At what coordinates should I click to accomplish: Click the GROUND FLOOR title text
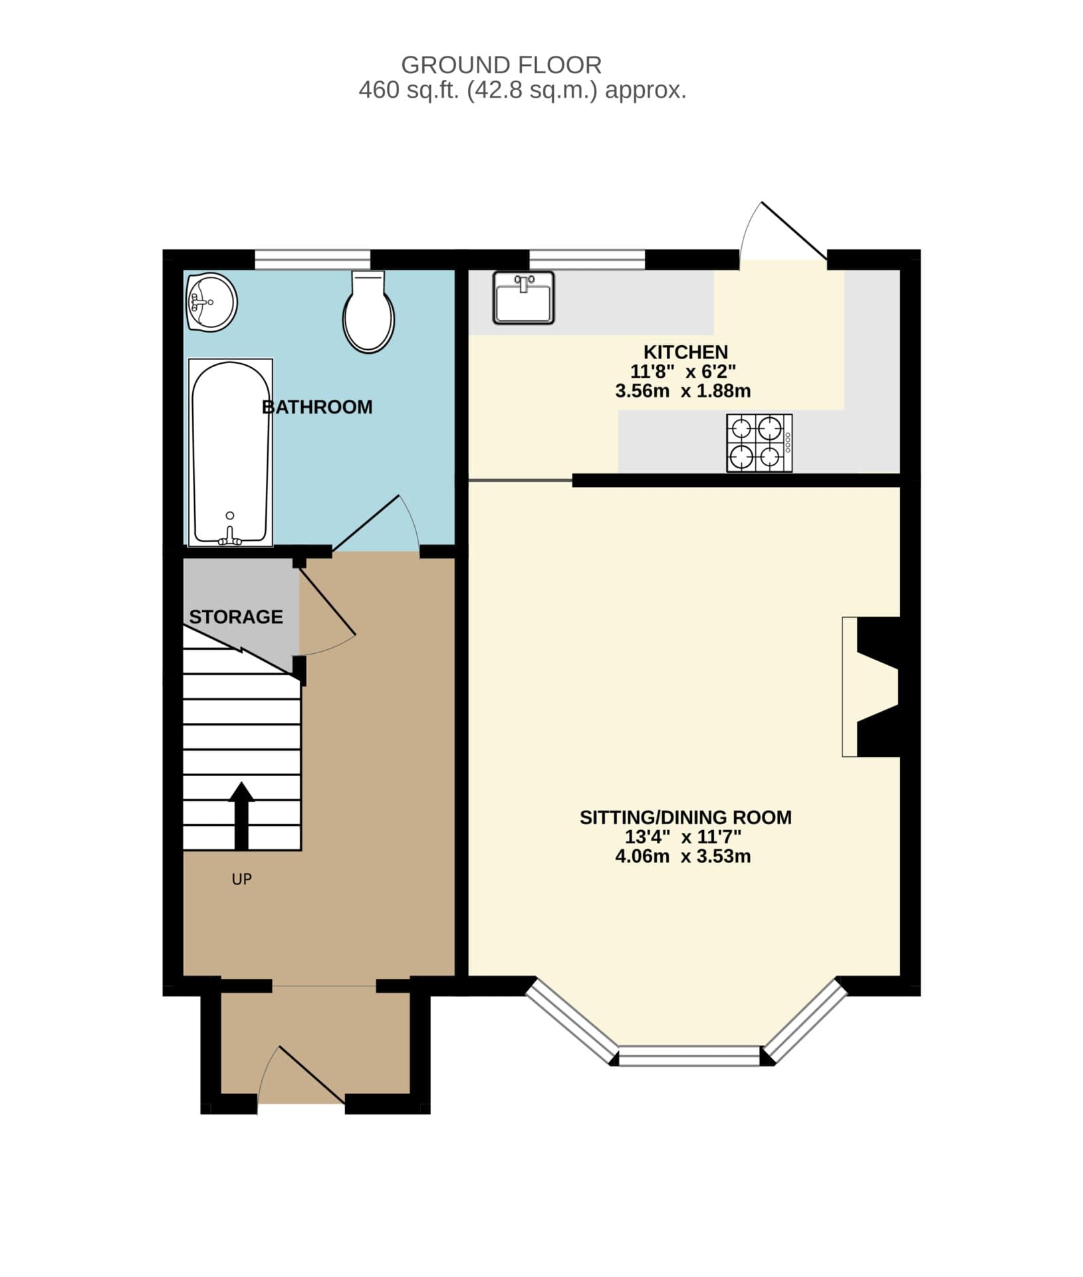[x=501, y=65]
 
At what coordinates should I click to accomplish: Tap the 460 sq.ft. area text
[x=522, y=90]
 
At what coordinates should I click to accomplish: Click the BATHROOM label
[x=317, y=407]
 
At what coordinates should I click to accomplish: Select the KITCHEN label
[x=685, y=352]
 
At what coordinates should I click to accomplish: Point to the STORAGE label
[x=236, y=617]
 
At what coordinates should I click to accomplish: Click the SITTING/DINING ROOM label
[x=685, y=817]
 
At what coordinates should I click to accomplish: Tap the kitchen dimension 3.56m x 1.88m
[x=683, y=391]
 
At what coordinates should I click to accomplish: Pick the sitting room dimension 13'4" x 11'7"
[x=683, y=837]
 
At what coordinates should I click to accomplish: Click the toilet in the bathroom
[x=368, y=313]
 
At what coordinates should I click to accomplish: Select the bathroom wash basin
[x=211, y=302]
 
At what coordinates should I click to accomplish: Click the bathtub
[x=230, y=452]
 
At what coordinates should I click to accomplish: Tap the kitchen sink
[x=523, y=297]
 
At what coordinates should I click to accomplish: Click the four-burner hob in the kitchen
[x=759, y=443]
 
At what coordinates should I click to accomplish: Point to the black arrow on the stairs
[x=241, y=815]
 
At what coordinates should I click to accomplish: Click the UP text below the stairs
[x=241, y=879]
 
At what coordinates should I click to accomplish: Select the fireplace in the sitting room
[x=871, y=686]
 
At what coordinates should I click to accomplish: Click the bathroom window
[x=312, y=259]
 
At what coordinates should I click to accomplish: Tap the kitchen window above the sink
[x=586, y=259]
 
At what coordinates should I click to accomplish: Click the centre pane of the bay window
[x=689, y=1056]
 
